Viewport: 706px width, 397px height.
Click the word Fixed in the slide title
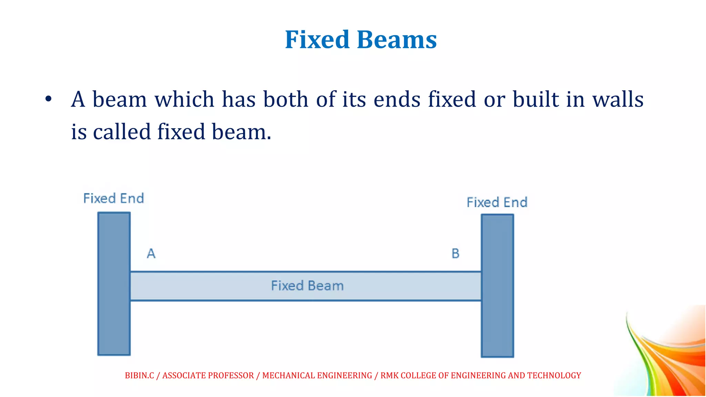[x=317, y=40]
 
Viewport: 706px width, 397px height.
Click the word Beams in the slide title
[x=397, y=40]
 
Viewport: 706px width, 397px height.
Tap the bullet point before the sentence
[x=48, y=99]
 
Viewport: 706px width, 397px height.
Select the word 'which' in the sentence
[x=184, y=100]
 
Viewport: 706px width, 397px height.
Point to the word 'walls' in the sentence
[x=618, y=100]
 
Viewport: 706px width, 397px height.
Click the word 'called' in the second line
[x=122, y=132]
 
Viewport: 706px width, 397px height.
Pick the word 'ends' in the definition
[x=397, y=100]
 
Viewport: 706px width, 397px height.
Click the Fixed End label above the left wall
[x=113, y=198]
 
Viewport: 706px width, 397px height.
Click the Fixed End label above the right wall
[x=497, y=203]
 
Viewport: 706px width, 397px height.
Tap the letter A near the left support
[x=151, y=254]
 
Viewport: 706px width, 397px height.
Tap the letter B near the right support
[x=455, y=254]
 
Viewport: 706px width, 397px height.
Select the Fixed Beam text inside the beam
[x=307, y=286]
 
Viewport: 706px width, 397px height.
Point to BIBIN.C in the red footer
[x=139, y=375]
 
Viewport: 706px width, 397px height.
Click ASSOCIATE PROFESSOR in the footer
[x=208, y=375]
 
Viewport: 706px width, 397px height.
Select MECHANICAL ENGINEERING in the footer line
[x=317, y=375]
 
